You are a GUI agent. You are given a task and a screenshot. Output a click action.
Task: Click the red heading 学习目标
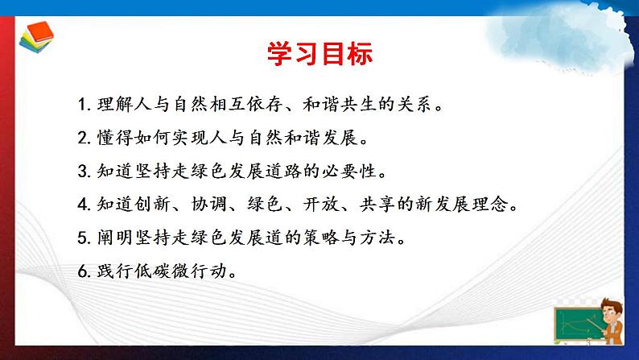[319, 55]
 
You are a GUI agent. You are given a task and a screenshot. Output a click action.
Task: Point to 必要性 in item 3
[348, 172]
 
